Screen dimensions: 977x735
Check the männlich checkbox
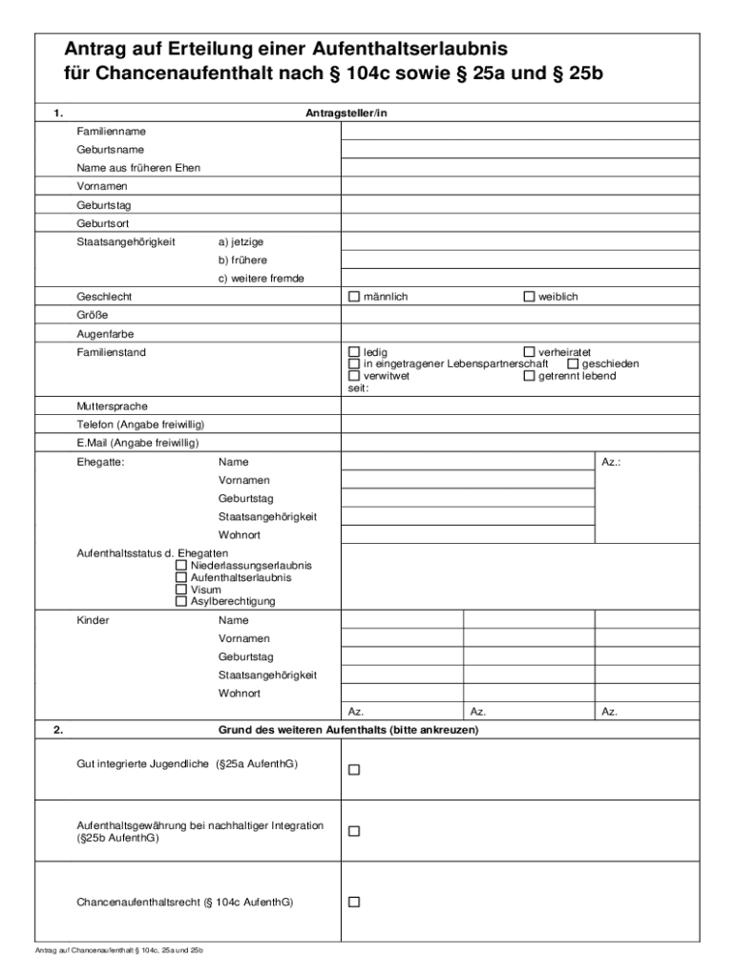[x=354, y=297]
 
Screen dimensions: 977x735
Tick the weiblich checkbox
[x=530, y=297]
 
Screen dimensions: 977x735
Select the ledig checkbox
[x=354, y=352]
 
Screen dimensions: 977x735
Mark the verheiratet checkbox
[x=530, y=352]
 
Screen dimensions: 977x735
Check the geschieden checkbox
[x=573, y=364]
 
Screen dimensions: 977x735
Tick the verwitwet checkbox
[x=354, y=376]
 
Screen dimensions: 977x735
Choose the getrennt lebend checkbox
[x=530, y=376]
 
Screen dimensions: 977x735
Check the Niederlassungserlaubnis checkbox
[x=181, y=566]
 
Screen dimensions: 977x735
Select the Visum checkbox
[x=181, y=590]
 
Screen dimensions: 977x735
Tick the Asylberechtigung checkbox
[x=181, y=601]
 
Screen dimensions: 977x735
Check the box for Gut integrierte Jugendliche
[x=354, y=769]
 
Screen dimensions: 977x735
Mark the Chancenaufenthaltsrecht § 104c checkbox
[x=354, y=902]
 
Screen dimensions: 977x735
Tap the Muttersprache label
[x=112, y=406]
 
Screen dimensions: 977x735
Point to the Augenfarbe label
[x=105, y=334]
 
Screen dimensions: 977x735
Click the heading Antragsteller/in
[x=346, y=114]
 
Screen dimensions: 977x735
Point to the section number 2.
[x=58, y=730]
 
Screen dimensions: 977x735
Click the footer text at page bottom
[x=119, y=951]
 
